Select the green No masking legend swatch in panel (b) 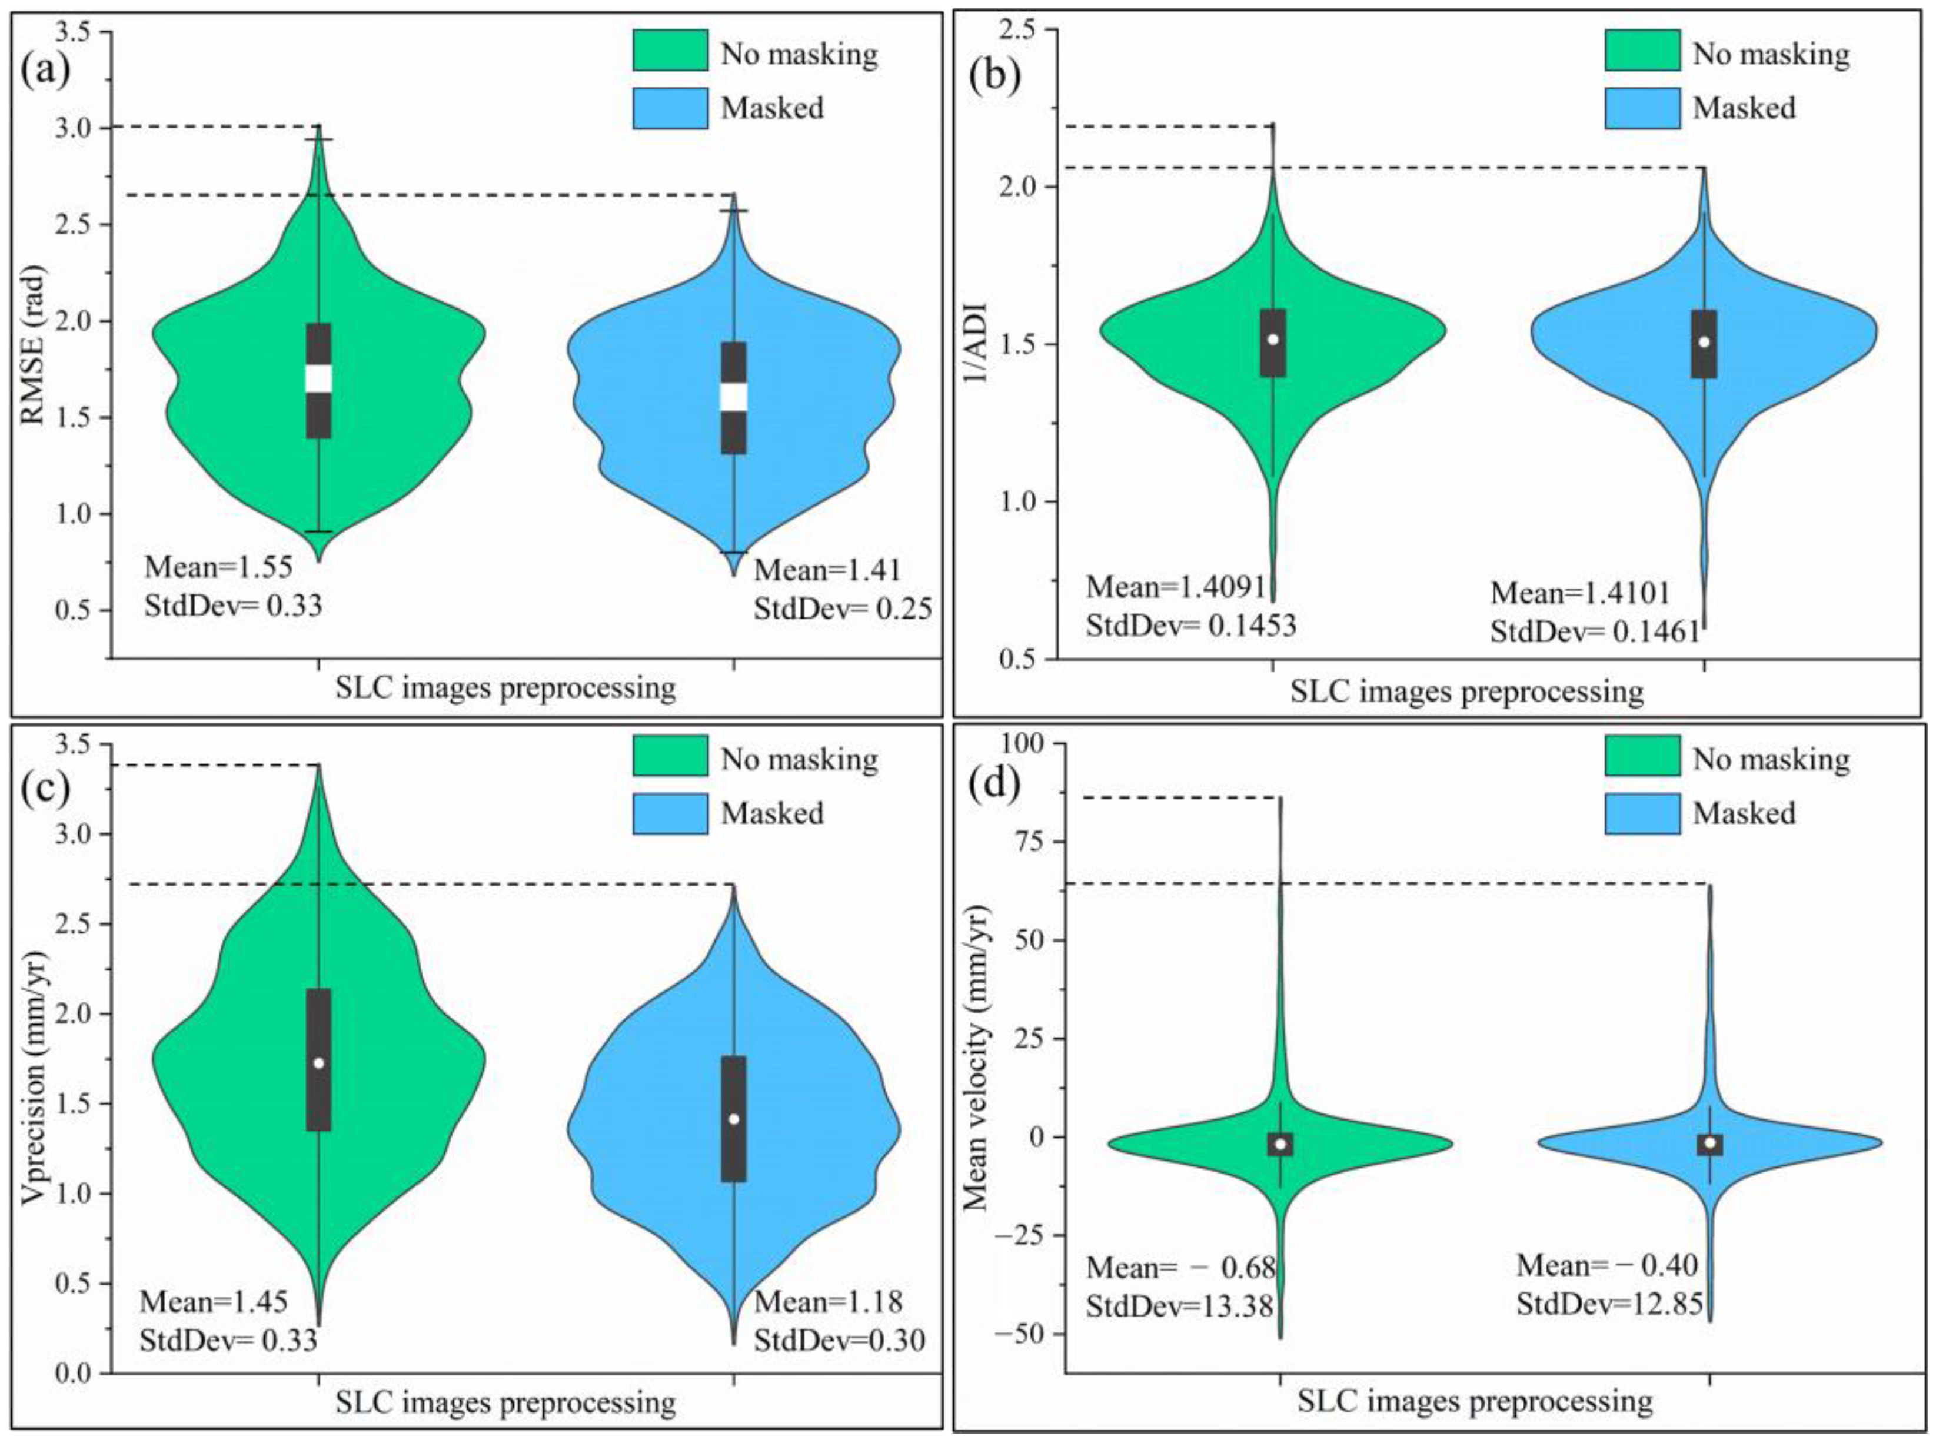click(1641, 51)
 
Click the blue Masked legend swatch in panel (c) click(670, 813)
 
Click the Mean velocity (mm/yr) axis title click(977, 1058)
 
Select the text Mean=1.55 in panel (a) click(218, 567)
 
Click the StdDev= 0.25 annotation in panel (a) click(843, 609)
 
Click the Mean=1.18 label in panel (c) click(827, 1302)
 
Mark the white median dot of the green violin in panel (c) click(318, 1063)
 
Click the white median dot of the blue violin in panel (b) click(1703, 343)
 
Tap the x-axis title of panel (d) click(1475, 1401)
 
